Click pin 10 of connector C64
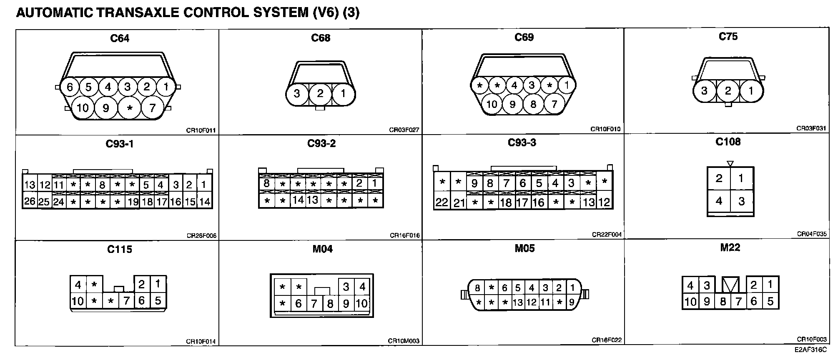click(x=83, y=108)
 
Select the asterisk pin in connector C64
click(x=130, y=108)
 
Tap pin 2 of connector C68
click(x=320, y=93)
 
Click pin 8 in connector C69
click(x=533, y=104)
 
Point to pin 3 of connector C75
click(x=705, y=91)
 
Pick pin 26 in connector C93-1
click(x=30, y=202)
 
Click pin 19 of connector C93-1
click(x=133, y=202)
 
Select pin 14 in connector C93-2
click(x=298, y=200)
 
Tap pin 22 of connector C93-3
click(x=442, y=202)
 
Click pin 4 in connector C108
click(x=719, y=201)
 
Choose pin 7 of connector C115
click(x=126, y=301)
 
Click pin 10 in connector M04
click(x=361, y=304)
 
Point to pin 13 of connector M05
click(x=518, y=302)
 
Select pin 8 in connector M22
click(x=723, y=302)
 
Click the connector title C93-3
click(x=522, y=142)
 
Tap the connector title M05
click(x=524, y=248)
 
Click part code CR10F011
click(x=201, y=130)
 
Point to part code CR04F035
click(x=812, y=234)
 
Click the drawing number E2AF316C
click(x=811, y=350)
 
